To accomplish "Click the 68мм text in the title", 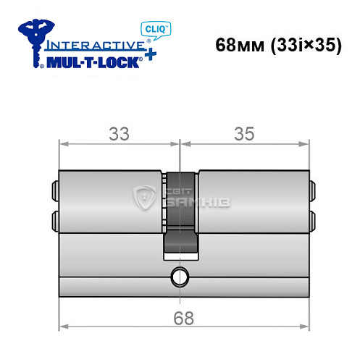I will click(238, 44).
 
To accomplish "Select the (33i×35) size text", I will click(300, 44).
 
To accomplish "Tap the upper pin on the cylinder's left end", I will click(54, 190).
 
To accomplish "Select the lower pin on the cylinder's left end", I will click(54, 218).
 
